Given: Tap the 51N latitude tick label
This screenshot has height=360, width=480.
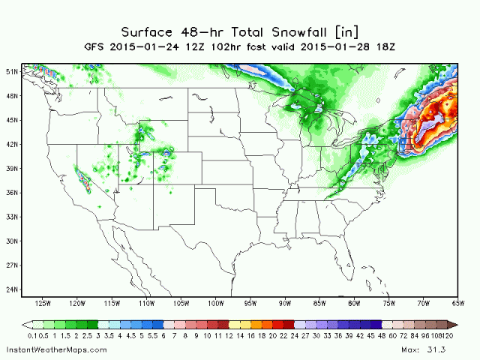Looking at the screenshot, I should [12, 71].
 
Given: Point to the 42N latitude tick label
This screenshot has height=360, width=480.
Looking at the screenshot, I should [12, 144].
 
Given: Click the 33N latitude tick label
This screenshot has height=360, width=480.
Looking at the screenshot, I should [12, 217].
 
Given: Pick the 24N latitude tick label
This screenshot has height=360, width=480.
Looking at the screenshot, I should [12, 289].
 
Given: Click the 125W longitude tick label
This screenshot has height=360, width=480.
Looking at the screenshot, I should [42, 304].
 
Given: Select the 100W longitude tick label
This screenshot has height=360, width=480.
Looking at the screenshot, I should [216, 304].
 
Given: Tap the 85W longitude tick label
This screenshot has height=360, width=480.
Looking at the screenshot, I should [320, 304].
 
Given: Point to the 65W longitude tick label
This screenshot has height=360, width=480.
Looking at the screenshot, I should [457, 304].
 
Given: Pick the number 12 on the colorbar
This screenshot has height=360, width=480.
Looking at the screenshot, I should [228, 337].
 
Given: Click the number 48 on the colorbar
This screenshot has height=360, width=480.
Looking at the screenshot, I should [382, 337].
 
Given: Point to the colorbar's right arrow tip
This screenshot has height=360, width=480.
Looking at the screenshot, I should [454, 324].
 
